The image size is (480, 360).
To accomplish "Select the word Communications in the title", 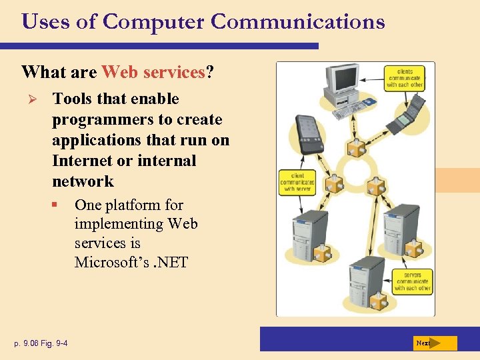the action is pyautogui.click(x=297, y=22).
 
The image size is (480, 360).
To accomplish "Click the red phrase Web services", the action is pyautogui.click(x=153, y=71).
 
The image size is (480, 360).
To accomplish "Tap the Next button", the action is pyautogui.click(x=433, y=343).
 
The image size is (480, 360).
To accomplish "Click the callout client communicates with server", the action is pyautogui.click(x=297, y=182).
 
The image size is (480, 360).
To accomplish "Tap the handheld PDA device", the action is pyautogui.click(x=308, y=133).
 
